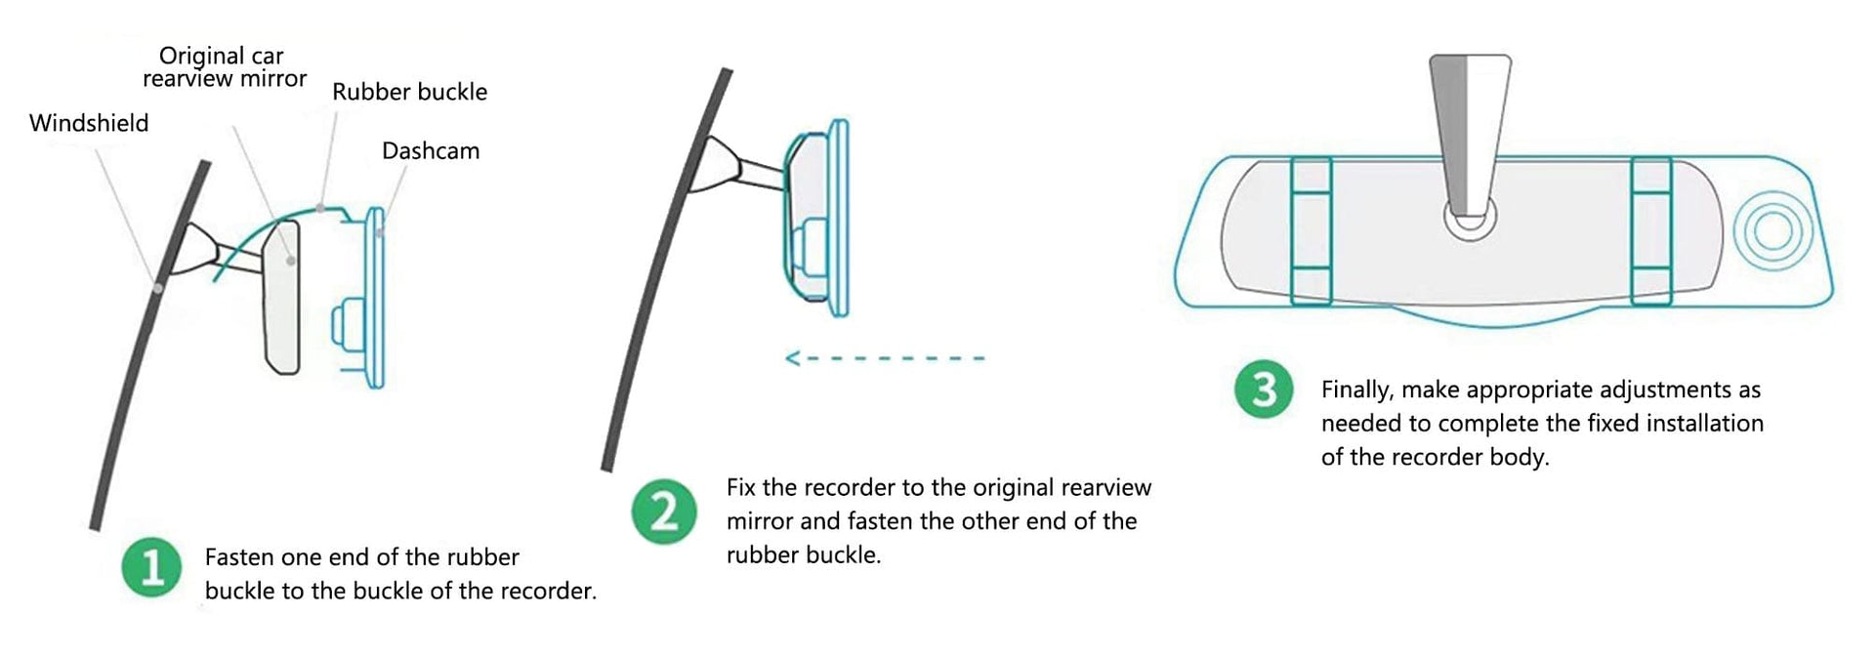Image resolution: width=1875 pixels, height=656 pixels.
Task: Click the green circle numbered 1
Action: click(151, 567)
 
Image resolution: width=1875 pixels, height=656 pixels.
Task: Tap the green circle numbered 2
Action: click(664, 512)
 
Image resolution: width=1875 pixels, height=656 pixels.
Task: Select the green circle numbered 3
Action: click(1264, 390)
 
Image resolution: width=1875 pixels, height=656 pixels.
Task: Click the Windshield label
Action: click(89, 123)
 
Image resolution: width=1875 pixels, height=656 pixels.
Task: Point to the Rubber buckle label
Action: click(409, 92)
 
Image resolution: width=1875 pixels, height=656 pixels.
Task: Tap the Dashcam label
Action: click(431, 151)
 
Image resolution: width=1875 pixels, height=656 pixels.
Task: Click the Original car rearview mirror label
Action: click(224, 67)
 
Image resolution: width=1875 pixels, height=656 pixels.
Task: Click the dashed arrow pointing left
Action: click(885, 358)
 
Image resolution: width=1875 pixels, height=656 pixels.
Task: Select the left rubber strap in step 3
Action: click(1311, 231)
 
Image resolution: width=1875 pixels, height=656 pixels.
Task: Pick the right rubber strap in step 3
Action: click(1650, 231)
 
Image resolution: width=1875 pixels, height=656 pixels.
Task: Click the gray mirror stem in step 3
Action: click(1470, 137)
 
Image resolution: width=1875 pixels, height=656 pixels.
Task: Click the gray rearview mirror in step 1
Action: click(281, 296)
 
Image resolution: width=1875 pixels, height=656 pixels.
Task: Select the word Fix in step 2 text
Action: click(741, 487)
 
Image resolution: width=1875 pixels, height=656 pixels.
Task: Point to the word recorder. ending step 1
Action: click(549, 591)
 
